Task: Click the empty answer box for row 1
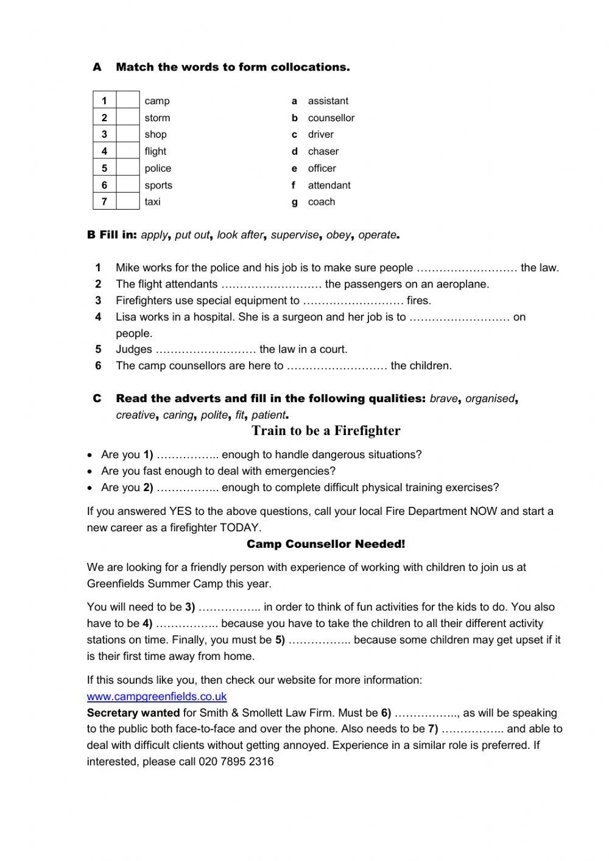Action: pos(128,101)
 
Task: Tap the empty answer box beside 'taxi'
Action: pos(128,202)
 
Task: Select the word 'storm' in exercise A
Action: pos(157,118)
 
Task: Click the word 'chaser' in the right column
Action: pos(323,152)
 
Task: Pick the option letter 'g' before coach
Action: pos(295,202)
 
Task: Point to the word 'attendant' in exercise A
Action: pos(329,185)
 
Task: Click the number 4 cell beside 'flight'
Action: pos(104,152)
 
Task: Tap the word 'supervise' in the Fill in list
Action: pos(295,235)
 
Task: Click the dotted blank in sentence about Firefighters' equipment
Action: pos(353,300)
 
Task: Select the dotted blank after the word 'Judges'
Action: pos(206,350)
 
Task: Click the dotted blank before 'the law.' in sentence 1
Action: pos(466,268)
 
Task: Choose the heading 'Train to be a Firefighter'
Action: pos(326,431)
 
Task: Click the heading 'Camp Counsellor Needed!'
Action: pos(326,544)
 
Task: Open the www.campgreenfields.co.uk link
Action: pos(157,696)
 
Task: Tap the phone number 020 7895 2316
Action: pos(236,762)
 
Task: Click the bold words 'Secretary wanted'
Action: pos(133,713)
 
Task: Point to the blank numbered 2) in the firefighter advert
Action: pos(187,487)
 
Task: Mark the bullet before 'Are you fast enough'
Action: pos(90,472)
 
